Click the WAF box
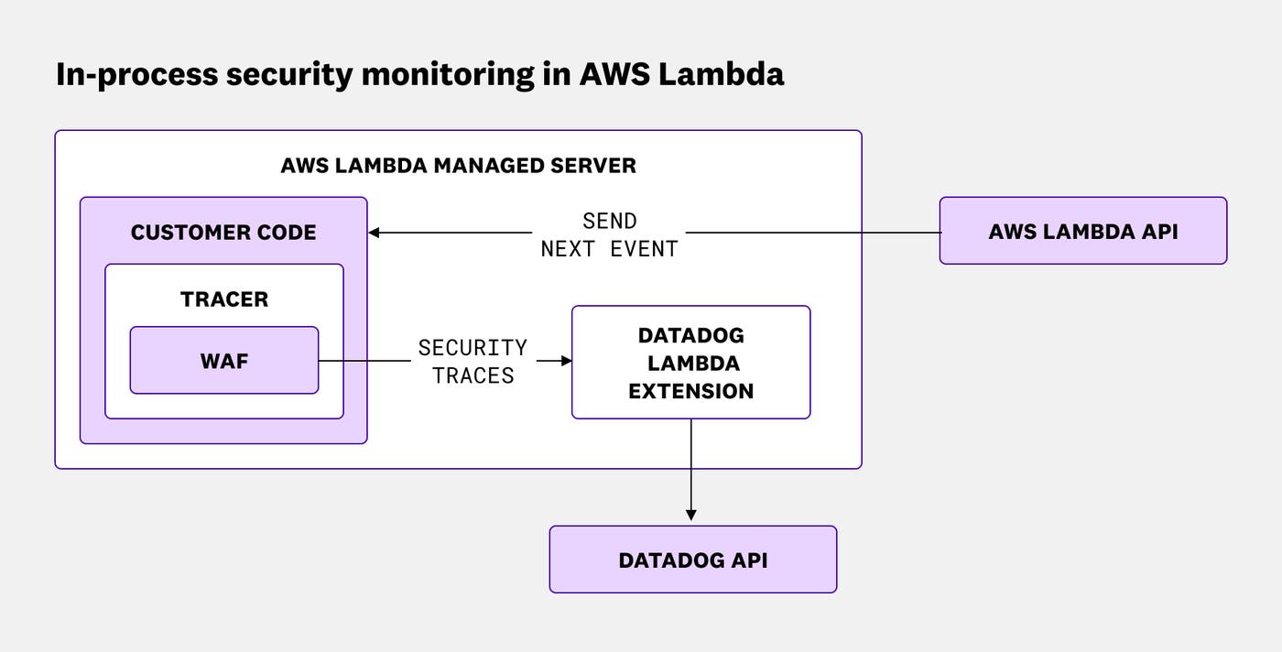tap(224, 361)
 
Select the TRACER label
tap(224, 299)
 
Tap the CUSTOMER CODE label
tap(223, 233)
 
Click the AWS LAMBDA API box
tap(1082, 231)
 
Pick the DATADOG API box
tap(692, 560)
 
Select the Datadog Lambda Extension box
tap(690, 363)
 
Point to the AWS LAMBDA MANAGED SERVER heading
tap(458, 166)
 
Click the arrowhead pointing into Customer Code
tap(375, 233)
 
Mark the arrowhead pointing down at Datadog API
tap(690, 515)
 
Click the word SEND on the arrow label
tap(609, 221)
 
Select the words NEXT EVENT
tap(609, 249)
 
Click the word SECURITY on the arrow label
tap(473, 348)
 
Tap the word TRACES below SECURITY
tap(473, 375)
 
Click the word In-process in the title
tap(136, 75)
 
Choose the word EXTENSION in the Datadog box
tap(690, 391)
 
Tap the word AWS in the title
tap(614, 73)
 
